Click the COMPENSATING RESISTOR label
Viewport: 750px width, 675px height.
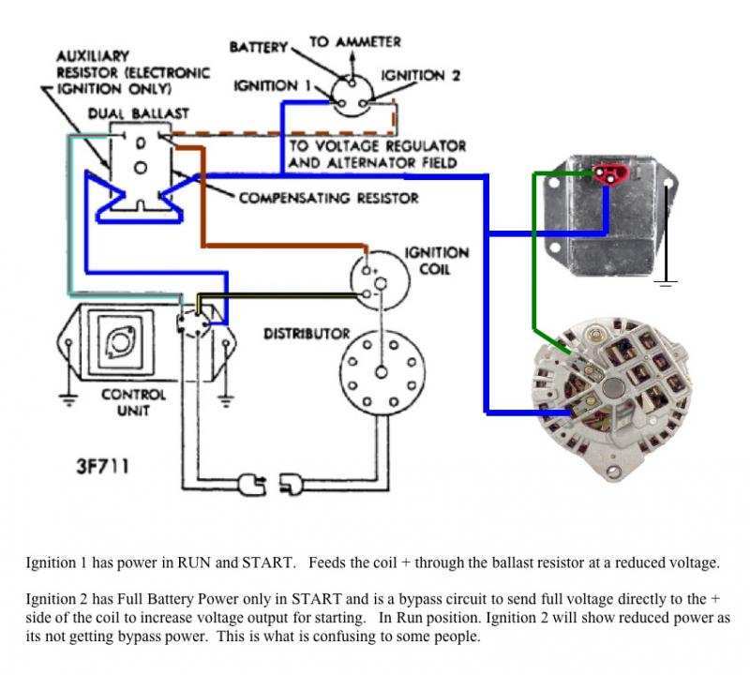click(x=328, y=198)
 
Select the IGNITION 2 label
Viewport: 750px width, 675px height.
click(x=421, y=75)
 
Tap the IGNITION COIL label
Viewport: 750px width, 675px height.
click(x=437, y=262)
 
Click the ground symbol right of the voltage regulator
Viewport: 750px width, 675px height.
click(x=667, y=279)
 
